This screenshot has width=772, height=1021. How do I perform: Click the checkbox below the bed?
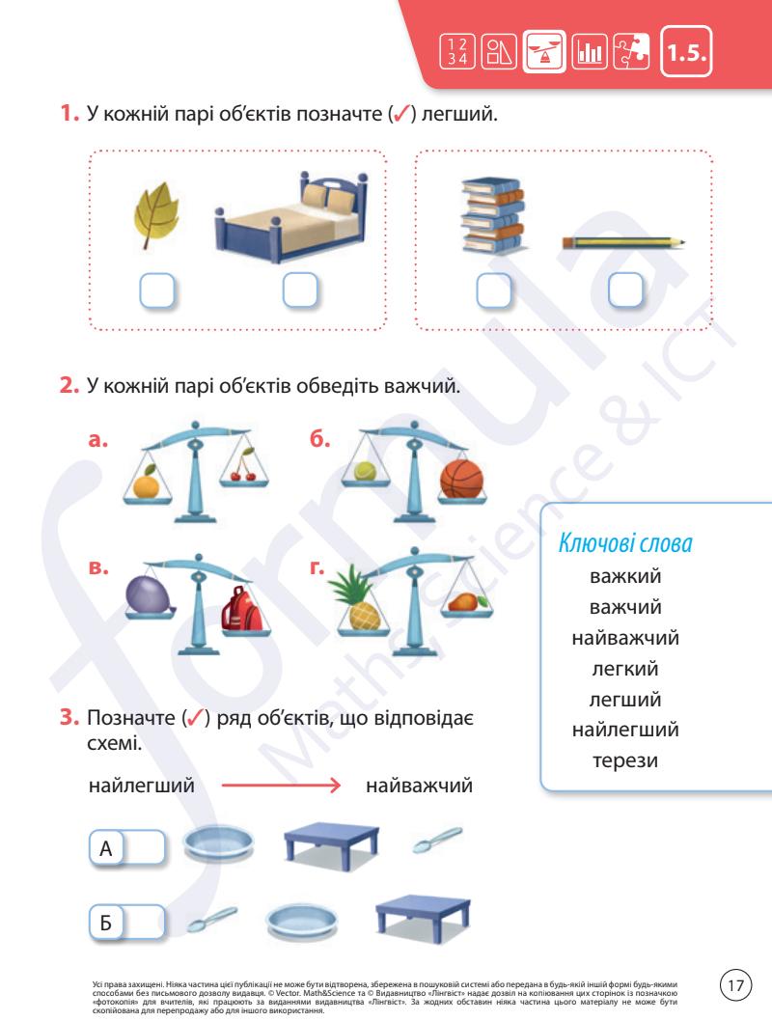click(300, 290)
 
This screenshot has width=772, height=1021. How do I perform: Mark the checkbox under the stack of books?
click(492, 290)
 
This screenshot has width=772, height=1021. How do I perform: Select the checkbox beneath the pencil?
click(625, 290)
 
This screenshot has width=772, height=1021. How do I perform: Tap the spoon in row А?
click(428, 844)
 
